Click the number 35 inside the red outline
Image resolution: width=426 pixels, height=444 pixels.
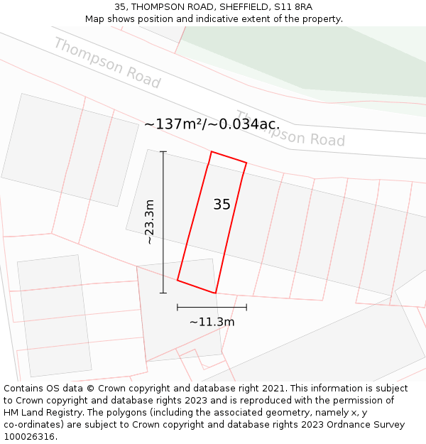coord(222,205)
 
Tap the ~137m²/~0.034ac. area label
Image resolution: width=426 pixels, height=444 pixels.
coord(212,124)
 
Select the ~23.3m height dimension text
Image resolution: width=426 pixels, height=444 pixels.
coord(150,222)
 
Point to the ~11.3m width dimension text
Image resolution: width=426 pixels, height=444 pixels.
coord(212,322)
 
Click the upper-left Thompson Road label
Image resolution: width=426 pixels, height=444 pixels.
coord(107,63)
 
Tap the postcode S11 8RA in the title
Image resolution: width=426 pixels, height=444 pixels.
coord(293,7)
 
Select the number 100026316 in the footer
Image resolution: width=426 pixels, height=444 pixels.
coord(30,437)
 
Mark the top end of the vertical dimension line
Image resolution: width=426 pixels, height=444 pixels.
coord(163,151)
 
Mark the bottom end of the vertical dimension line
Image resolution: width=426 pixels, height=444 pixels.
coord(163,293)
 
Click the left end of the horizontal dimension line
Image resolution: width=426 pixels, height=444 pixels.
coord(177,307)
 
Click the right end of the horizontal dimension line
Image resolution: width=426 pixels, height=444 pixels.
coord(246,307)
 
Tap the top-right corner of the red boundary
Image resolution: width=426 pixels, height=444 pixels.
coord(246,163)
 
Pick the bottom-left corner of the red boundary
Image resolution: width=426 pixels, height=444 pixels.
coord(177,280)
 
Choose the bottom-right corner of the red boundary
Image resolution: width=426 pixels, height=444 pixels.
coord(215,293)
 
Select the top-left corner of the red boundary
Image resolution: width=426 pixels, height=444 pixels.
coord(211,151)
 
